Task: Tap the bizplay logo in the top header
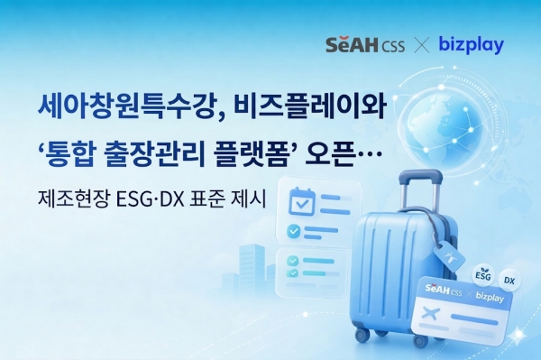[x=470, y=44]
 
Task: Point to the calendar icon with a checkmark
[x=296, y=203]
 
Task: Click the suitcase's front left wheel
[x=362, y=335]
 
